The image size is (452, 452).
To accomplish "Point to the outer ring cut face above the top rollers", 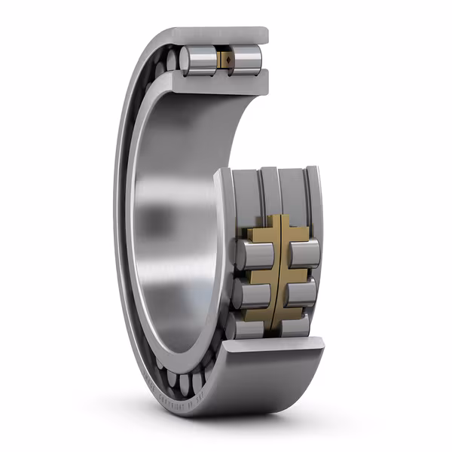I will pos(218,35).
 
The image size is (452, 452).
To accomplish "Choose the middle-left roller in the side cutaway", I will pos(248,294).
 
